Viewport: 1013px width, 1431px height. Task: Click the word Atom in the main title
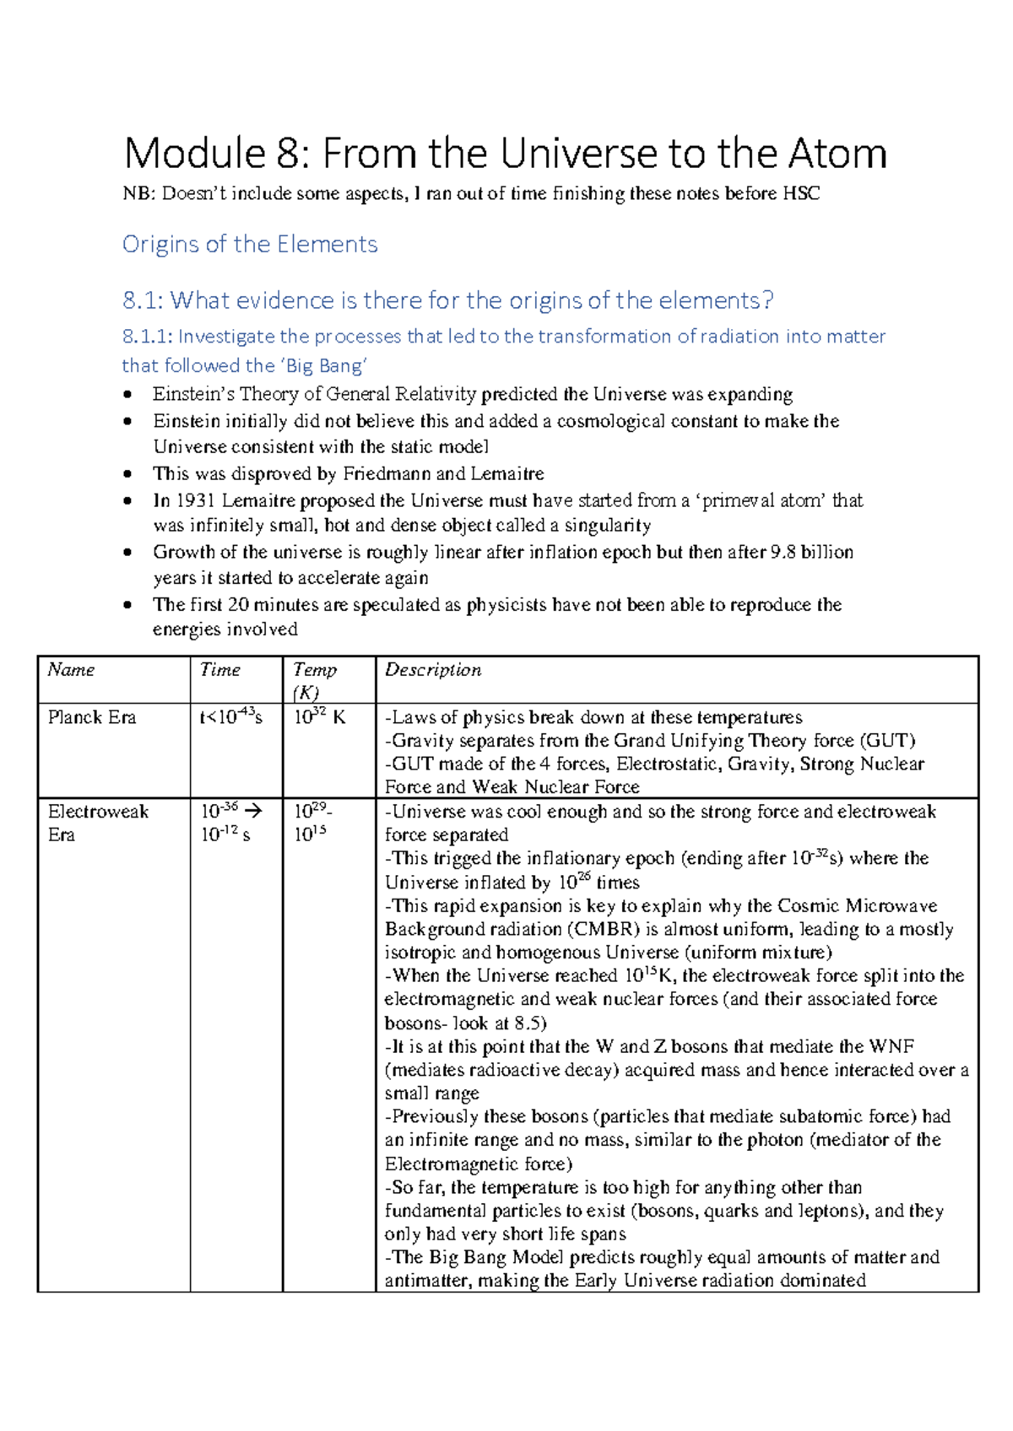coord(837,154)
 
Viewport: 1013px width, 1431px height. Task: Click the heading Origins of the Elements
coord(250,245)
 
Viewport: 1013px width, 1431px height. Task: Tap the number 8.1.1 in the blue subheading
coord(147,337)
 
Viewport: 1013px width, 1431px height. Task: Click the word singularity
coord(606,526)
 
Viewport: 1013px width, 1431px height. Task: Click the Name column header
coord(71,670)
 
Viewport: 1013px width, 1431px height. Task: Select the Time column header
coord(220,670)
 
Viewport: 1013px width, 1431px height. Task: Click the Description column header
coord(433,670)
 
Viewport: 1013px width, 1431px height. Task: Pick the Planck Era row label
coord(91,717)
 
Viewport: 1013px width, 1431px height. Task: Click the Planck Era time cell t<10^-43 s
coord(230,717)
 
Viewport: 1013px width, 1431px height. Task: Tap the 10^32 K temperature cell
coord(319,717)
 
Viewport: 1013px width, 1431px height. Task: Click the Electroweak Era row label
coord(97,812)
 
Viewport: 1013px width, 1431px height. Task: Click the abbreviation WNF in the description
coord(891,1046)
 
